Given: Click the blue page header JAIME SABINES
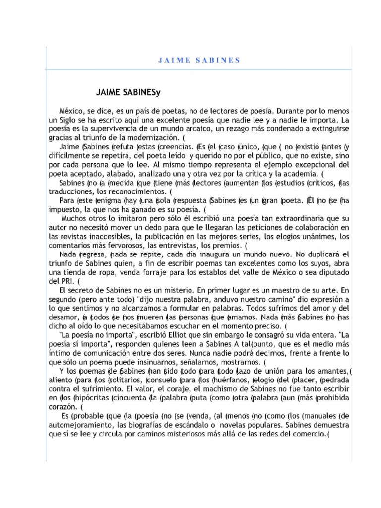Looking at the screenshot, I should [x=198, y=60].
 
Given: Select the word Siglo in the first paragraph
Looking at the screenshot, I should [x=69, y=120].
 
